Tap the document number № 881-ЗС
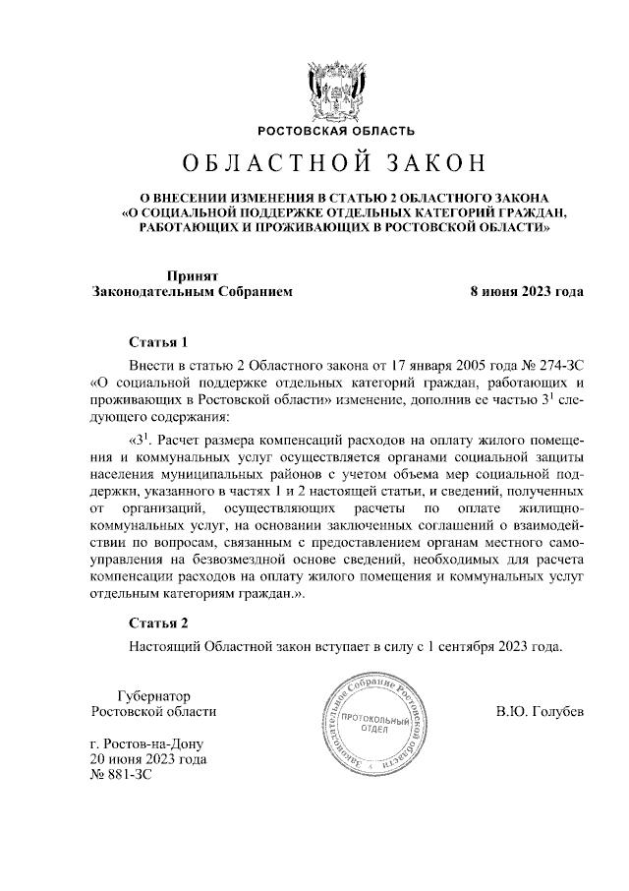pos(122,776)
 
